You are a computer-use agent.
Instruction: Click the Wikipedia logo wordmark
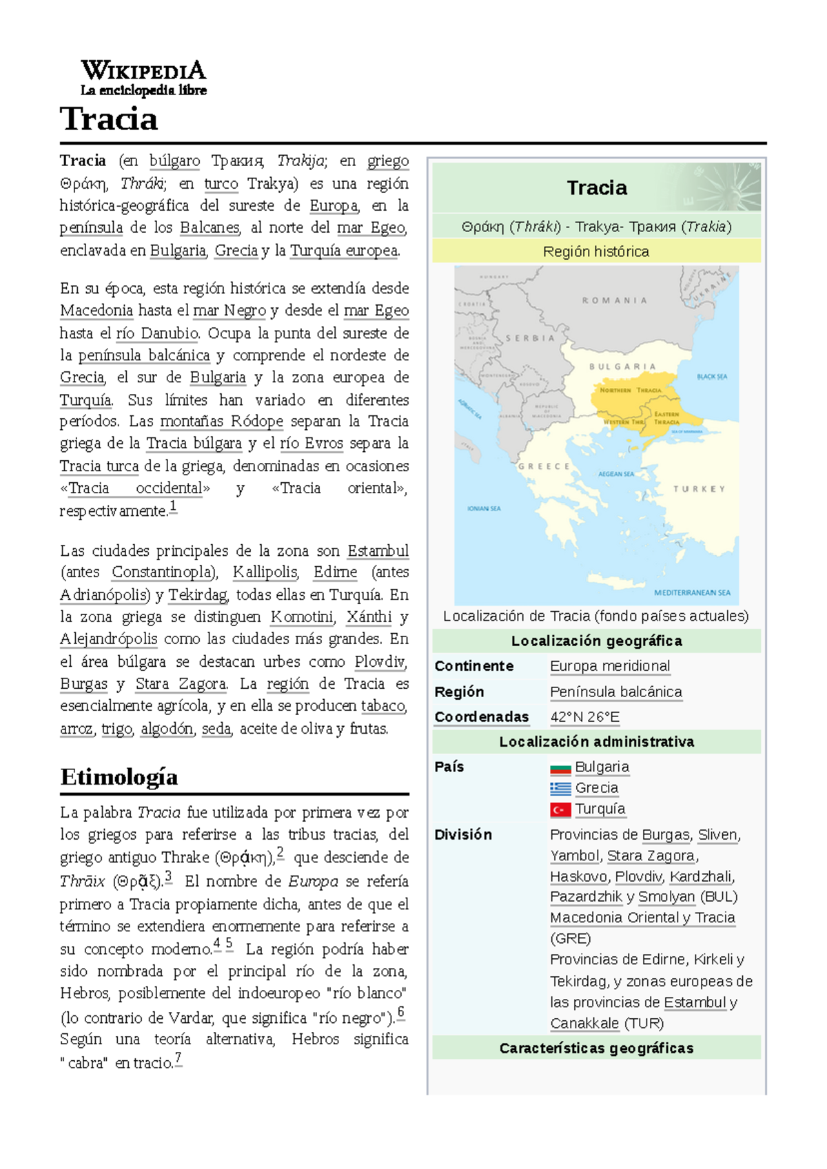pyautogui.click(x=143, y=71)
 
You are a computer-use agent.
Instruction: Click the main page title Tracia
pyautogui.click(x=109, y=119)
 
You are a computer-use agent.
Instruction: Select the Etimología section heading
pyautogui.click(x=119, y=777)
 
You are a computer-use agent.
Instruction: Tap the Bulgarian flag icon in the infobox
pyautogui.click(x=560, y=768)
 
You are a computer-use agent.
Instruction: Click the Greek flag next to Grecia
pyautogui.click(x=560, y=789)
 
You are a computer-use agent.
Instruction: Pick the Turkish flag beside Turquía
pyautogui.click(x=560, y=810)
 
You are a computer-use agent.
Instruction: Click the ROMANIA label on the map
pyautogui.click(x=614, y=300)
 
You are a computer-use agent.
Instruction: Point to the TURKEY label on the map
pyautogui.click(x=699, y=489)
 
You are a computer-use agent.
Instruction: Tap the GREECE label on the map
pyautogui.click(x=544, y=466)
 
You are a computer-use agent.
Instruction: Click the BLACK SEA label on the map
pyautogui.click(x=711, y=377)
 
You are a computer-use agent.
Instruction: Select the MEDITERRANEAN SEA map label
pyautogui.click(x=692, y=592)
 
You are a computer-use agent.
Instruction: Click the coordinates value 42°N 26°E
pyautogui.click(x=584, y=717)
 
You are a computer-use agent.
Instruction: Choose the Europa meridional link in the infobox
pyautogui.click(x=609, y=666)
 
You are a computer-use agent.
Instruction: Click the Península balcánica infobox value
pyautogui.click(x=615, y=692)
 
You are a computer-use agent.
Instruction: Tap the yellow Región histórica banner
pyautogui.click(x=596, y=251)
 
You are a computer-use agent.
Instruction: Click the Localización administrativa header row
pyautogui.click(x=596, y=742)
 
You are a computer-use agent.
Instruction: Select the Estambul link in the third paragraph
pyautogui.click(x=378, y=551)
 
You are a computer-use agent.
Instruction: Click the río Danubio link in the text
pyautogui.click(x=157, y=333)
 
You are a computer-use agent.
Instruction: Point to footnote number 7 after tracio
pyautogui.click(x=178, y=1058)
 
